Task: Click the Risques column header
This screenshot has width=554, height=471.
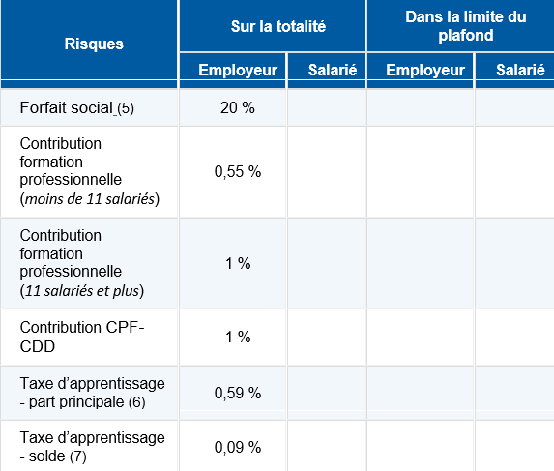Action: tap(93, 44)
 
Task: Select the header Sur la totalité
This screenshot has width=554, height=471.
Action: tap(273, 26)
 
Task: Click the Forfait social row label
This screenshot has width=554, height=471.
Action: tap(67, 107)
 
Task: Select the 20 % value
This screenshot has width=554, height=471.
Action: tap(237, 107)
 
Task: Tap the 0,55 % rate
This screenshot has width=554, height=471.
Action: tap(237, 171)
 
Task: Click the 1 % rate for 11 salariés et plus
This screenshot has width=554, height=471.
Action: tap(237, 263)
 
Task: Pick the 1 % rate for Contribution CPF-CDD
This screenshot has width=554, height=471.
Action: tap(237, 337)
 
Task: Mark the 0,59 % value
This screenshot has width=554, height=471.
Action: tap(237, 393)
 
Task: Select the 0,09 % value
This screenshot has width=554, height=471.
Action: tap(237, 447)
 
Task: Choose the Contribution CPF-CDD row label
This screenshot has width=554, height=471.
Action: tap(81, 337)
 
